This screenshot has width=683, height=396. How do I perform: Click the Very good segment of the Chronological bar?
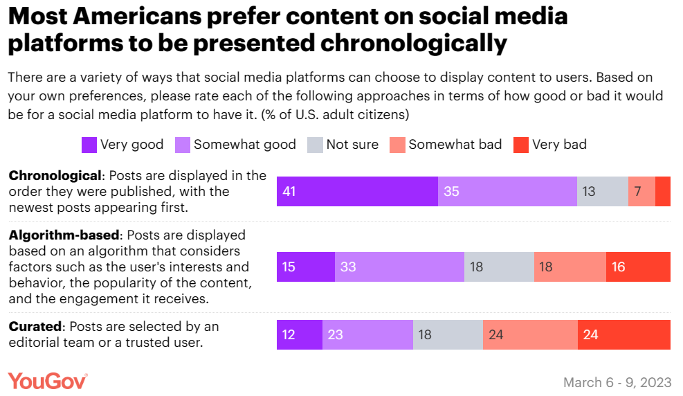[357, 192]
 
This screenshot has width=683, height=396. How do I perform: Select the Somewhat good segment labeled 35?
[507, 192]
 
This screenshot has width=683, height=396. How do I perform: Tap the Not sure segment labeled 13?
[603, 192]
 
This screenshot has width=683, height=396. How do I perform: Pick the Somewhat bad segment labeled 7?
[641, 192]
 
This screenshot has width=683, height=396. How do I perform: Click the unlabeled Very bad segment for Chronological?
[663, 192]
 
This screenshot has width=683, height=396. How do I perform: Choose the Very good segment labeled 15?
[306, 267]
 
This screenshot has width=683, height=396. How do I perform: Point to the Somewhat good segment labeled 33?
[399, 267]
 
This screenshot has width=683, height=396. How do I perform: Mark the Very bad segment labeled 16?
[638, 267]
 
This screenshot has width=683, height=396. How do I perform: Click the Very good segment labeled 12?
[300, 334]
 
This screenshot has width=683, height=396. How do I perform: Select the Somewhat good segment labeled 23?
[367, 334]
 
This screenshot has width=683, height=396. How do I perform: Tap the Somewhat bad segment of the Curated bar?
[530, 334]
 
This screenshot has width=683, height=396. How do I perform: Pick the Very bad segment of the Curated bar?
[624, 334]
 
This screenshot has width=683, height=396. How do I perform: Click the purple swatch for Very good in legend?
[89, 145]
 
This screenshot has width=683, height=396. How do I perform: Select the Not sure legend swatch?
[315, 145]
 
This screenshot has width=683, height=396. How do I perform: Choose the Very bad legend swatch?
[521, 145]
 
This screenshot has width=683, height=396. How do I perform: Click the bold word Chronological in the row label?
[55, 176]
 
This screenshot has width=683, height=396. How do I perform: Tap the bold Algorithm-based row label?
[64, 235]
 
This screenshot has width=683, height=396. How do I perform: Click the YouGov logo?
[48, 381]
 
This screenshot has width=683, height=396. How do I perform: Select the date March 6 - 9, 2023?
[617, 382]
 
